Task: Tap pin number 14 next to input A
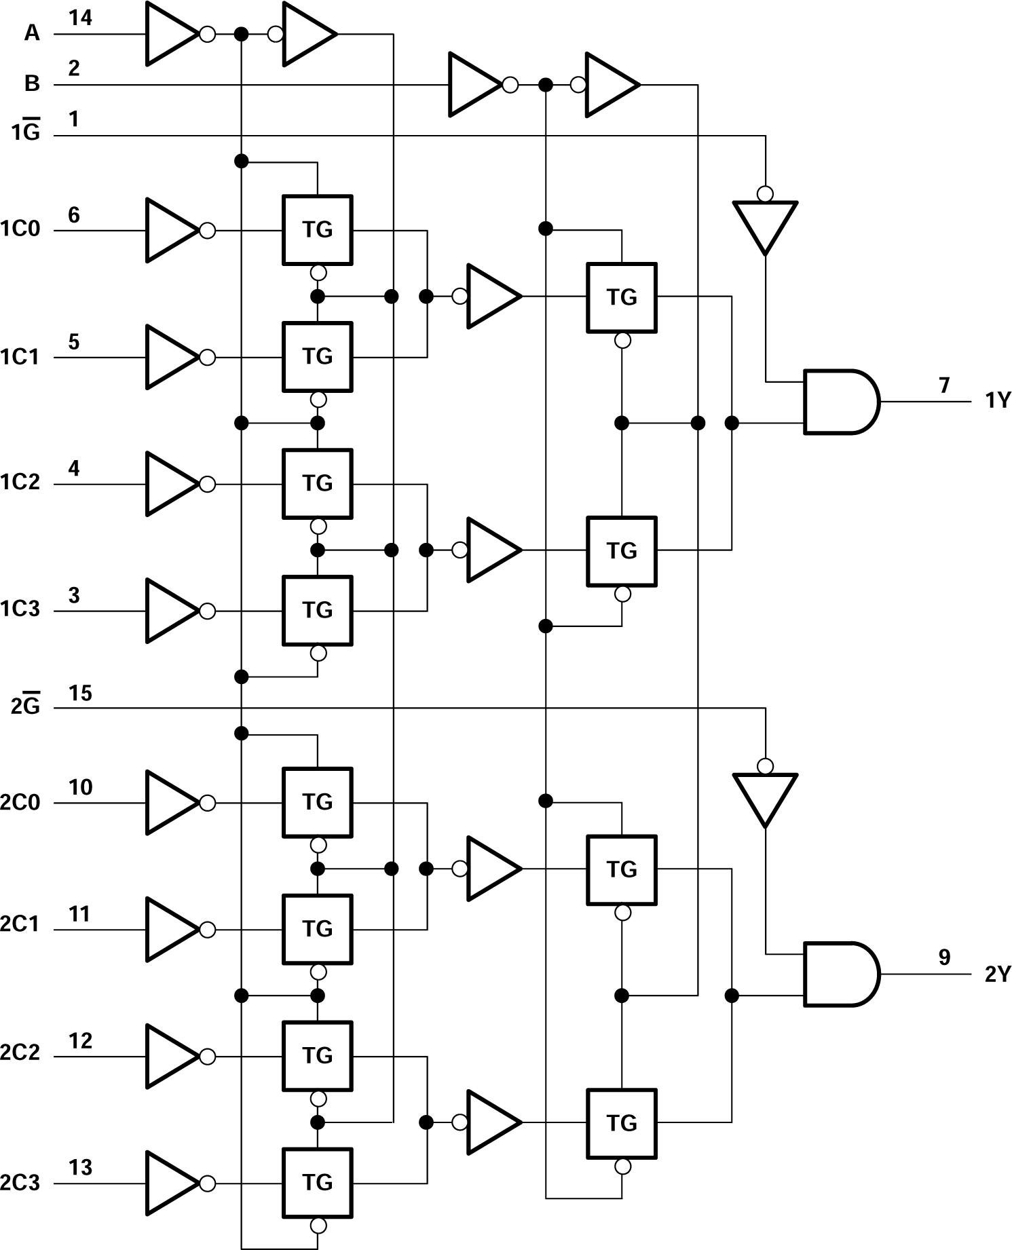tap(80, 18)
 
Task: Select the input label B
tap(32, 83)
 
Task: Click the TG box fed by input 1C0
tap(318, 230)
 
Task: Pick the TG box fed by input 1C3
tap(318, 610)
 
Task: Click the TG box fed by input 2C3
tap(318, 1182)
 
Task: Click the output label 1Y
tap(998, 401)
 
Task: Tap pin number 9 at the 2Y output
tap(944, 957)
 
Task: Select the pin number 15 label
tap(80, 693)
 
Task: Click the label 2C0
tap(20, 803)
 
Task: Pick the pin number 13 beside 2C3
tap(80, 1167)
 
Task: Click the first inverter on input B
tap(474, 85)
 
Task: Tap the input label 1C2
tap(20, 482)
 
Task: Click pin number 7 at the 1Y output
tap(944, 385)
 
